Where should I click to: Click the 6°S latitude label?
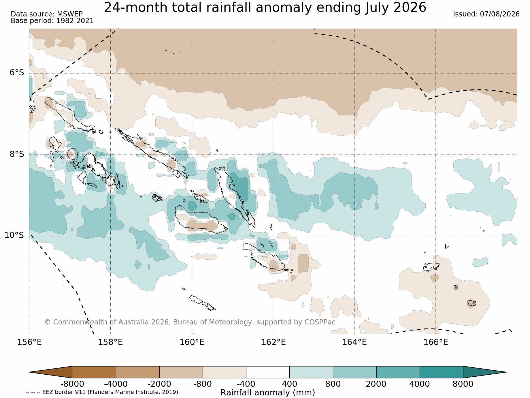(17, 73)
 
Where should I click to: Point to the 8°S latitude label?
(17, 154)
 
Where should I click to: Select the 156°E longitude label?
(29, 342)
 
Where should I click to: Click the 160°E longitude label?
(192, 342)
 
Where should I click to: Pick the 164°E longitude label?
(354, 342)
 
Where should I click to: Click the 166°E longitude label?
(436, 342)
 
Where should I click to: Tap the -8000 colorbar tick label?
(72, 384)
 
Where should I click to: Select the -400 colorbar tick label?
(246, 384)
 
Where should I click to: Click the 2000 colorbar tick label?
(376, 384)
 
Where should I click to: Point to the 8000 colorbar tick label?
(463, 384)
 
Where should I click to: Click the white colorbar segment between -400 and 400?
(268, 372)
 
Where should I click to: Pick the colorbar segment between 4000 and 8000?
(442, 372)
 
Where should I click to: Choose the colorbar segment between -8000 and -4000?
(94, 372)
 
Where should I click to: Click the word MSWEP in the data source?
(70, 14)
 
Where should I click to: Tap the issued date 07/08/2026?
(500, 14)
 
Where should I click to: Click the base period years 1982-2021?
(75, 21)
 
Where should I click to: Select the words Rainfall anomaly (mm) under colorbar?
(268, 393)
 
